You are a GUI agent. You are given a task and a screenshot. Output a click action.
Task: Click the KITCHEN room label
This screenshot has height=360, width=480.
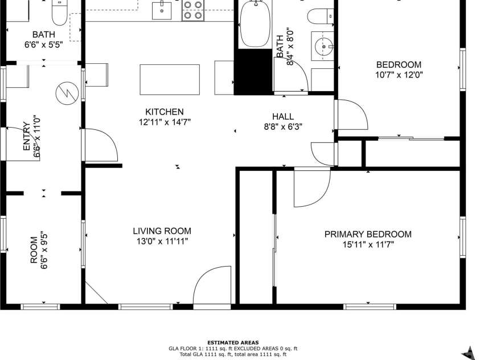click(165, 112)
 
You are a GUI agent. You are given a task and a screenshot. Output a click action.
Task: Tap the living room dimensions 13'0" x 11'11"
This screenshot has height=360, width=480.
click(162, 241)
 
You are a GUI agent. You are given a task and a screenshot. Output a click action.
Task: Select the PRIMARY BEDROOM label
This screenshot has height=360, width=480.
click(368, 234)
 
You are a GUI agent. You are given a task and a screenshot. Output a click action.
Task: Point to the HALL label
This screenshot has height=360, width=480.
click(282, 117)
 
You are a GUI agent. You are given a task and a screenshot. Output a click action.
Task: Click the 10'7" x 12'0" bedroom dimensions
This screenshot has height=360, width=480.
click(399, 75)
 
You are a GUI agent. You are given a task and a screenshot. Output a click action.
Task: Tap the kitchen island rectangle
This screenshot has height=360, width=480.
click(170, 80)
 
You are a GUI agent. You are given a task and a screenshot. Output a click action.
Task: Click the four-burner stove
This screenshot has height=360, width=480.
click(193, 10)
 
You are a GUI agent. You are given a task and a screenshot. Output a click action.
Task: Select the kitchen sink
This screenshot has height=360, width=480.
click(162, 10)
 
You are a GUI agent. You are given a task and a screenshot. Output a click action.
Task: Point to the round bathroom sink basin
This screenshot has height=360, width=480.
click(323, 45)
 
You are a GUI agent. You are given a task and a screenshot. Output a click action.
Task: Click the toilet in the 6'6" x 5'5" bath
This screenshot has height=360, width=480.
click(58, 11)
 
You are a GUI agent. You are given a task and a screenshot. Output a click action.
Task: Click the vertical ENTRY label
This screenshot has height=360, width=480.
click(26, 136)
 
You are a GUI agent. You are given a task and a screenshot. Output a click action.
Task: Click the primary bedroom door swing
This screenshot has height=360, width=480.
click(310, 188)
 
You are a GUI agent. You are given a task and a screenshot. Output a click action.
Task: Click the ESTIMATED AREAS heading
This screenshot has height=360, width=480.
click(232, 342)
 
